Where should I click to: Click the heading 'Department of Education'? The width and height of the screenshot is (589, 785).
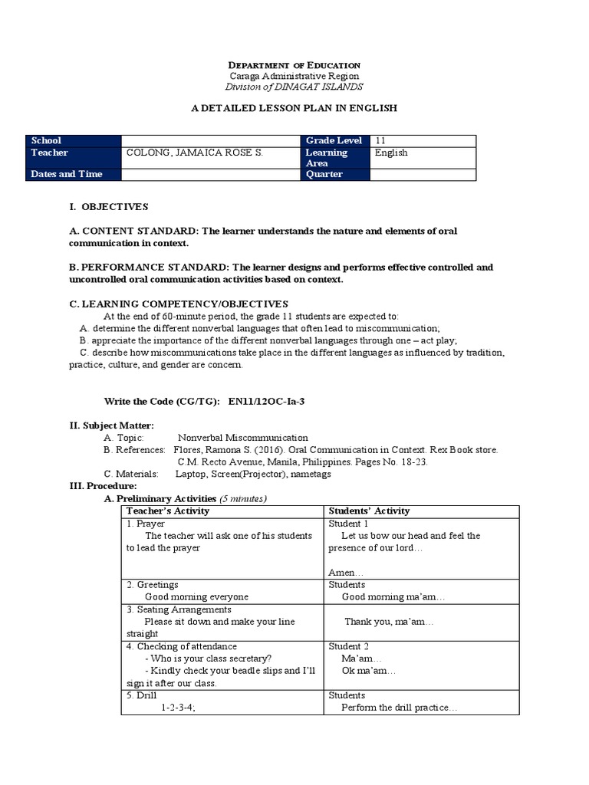coord(294,65)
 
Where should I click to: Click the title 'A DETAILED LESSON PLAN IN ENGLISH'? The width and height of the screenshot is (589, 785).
coord(294,109)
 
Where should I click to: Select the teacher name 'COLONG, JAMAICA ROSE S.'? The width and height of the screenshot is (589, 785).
coord(195,153)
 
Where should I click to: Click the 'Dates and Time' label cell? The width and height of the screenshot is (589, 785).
coord(67,174)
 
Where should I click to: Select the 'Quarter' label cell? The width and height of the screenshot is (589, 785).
coord(325,174)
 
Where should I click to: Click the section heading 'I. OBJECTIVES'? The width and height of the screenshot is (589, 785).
coord(108,207)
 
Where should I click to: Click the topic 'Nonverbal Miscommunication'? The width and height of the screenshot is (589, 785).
coord(243,437)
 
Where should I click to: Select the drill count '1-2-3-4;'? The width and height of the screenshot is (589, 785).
coord(178,708)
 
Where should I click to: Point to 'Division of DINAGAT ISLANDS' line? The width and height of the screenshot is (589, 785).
coord(294,87)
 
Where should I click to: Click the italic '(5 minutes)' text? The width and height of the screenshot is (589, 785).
coord(243,498)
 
